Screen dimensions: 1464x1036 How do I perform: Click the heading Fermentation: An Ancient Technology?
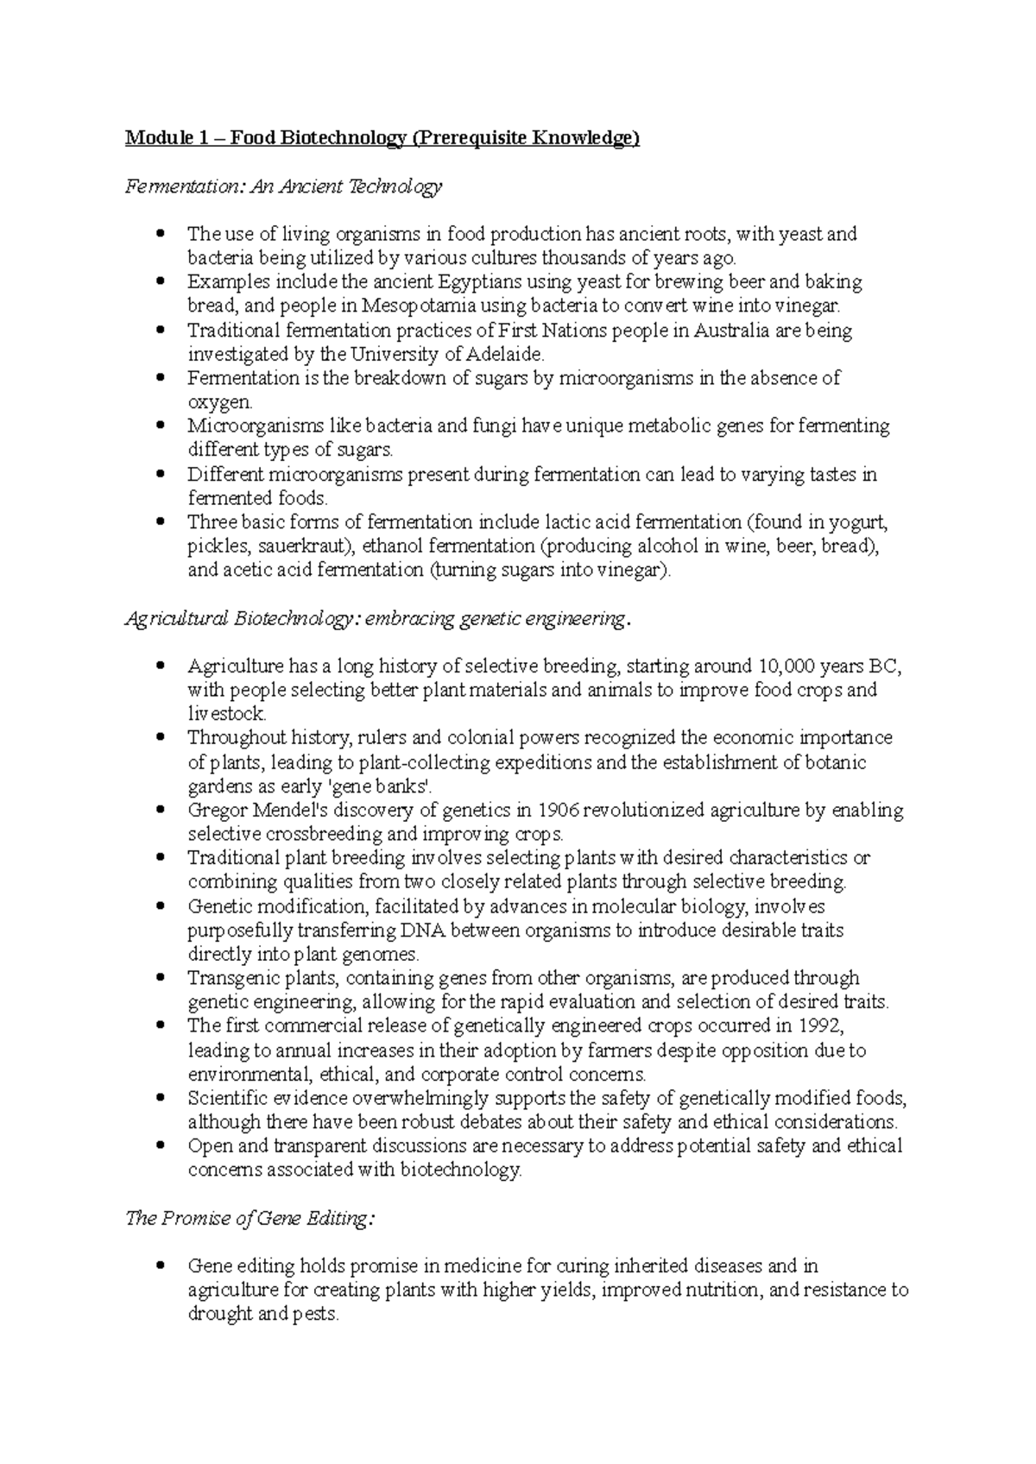(283, 186)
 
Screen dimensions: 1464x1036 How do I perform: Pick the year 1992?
(818, 1026)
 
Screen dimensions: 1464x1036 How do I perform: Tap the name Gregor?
(217, 811)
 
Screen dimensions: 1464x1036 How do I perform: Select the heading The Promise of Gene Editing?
(250, 1219)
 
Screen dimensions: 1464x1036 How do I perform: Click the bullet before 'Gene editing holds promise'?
(159, 1266)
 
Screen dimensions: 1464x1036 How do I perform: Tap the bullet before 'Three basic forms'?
(159, 522)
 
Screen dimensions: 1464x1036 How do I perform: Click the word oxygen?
(219, 402)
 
